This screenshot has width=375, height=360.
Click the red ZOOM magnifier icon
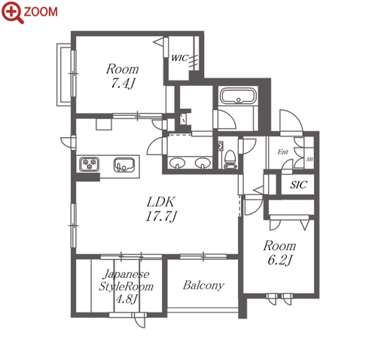tap(13, 12)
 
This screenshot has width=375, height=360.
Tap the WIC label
tap(179, 58)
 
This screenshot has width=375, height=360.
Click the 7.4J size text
tap(122, 83)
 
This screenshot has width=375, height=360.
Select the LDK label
tap(160, 202)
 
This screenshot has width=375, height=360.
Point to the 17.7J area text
tap(161, 216)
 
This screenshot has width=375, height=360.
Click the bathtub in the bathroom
tap(238, 96)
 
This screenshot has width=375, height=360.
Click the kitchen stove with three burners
tap(89, 164)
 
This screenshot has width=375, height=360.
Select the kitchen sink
tap(124, 165)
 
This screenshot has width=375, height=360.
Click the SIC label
tap(298, 185)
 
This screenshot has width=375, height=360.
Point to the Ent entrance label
tap(283, 152)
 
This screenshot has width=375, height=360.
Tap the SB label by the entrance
tap(309, 159)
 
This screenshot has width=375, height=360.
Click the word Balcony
tap(203, 285)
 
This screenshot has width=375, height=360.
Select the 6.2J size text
tap(279, 260)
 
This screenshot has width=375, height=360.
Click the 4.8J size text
tap(127, 298)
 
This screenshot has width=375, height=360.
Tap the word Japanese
tap(127, 274)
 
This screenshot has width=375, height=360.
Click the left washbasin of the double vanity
tap(177, 163)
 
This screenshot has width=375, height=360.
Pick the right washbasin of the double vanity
tap(202, 163)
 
